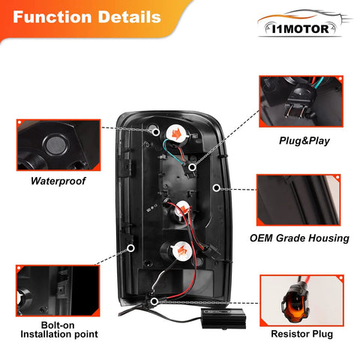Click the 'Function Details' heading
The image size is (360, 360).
pyautogui.click(x=87, y=17)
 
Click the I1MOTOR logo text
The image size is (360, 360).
pyautogui.click(x=300, y=29)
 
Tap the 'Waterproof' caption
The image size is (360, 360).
pyautogui.click(x=58, y=181)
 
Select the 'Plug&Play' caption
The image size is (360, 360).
pyautogui.click(x=304, y=141)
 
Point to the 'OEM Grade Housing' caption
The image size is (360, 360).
pyautogui.click(x=299, y=238)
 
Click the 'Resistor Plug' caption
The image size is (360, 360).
pyautogui.click(x=302, y=334)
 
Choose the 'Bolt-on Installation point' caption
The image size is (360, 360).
pyautogui.click(x=59, y=330)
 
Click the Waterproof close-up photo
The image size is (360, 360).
pyautogui.click(x=58, y=145)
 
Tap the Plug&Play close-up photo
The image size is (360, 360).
pyautogui.click(x=301, y=101)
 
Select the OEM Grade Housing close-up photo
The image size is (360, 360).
pyautogui.click(x=298, y=200)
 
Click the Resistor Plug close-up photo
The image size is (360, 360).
pyautogui.click(x=302, y=301)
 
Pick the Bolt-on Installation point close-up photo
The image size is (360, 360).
pyautogui.click(x=58, y=291)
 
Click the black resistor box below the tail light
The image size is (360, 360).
pyautogui.click(x=223, y=318)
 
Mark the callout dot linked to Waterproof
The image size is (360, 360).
pyautogui.click(x=156, y=132)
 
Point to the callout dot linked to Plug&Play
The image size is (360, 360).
pyautogui.click(x=192, y=167)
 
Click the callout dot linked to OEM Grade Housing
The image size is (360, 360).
pyautogui.click(x=217, y=187)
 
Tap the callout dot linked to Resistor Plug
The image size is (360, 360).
pyautogui.click(x=154, y=301)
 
